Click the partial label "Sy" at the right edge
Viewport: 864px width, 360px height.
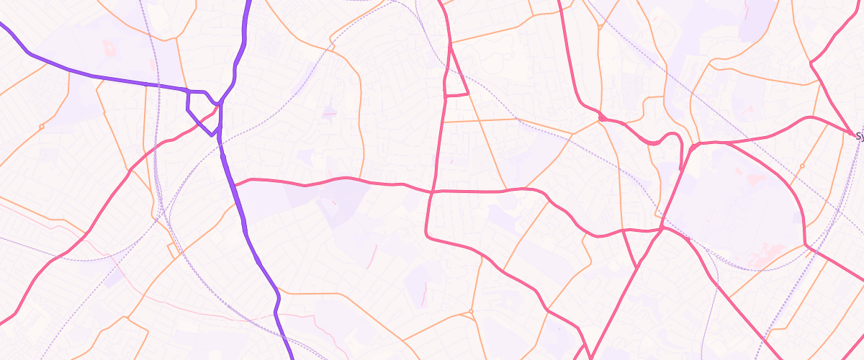[858, 135]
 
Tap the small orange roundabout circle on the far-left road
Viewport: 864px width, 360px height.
[42, 127]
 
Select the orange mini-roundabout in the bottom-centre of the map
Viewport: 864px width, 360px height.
[470, 312]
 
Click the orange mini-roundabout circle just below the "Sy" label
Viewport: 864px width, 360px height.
[801, 166]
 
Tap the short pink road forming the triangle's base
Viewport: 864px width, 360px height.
[456, 95]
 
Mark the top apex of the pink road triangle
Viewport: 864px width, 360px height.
[450, 45]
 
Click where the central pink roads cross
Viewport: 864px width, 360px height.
[432, 192]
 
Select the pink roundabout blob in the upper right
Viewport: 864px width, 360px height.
[600, 116]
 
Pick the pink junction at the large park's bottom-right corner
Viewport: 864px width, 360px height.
[805, 246]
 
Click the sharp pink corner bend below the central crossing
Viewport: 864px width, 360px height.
[427, 235]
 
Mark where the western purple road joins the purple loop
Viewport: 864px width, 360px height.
[188, 91]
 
